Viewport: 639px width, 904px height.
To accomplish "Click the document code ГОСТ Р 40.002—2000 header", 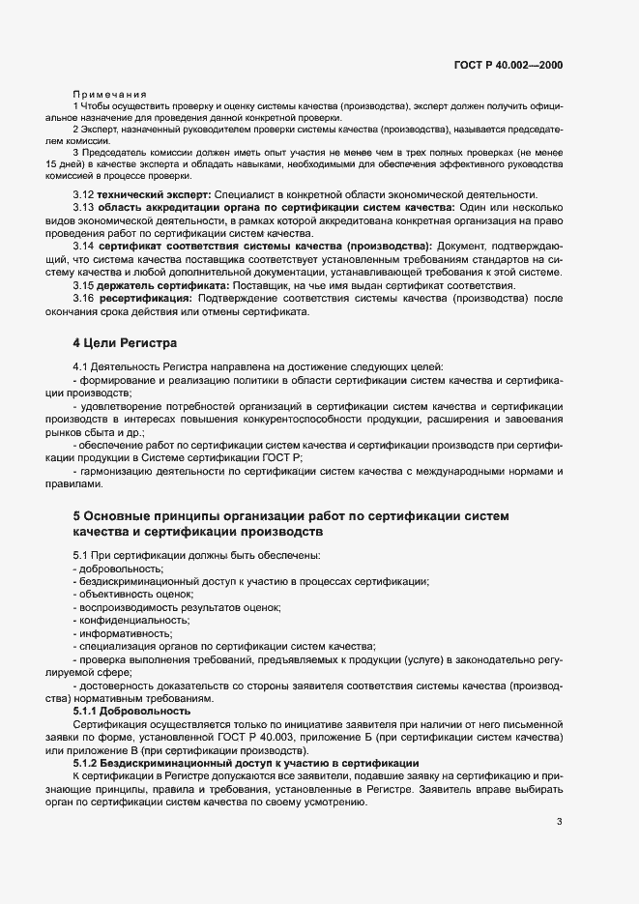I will tap(508, 65).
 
